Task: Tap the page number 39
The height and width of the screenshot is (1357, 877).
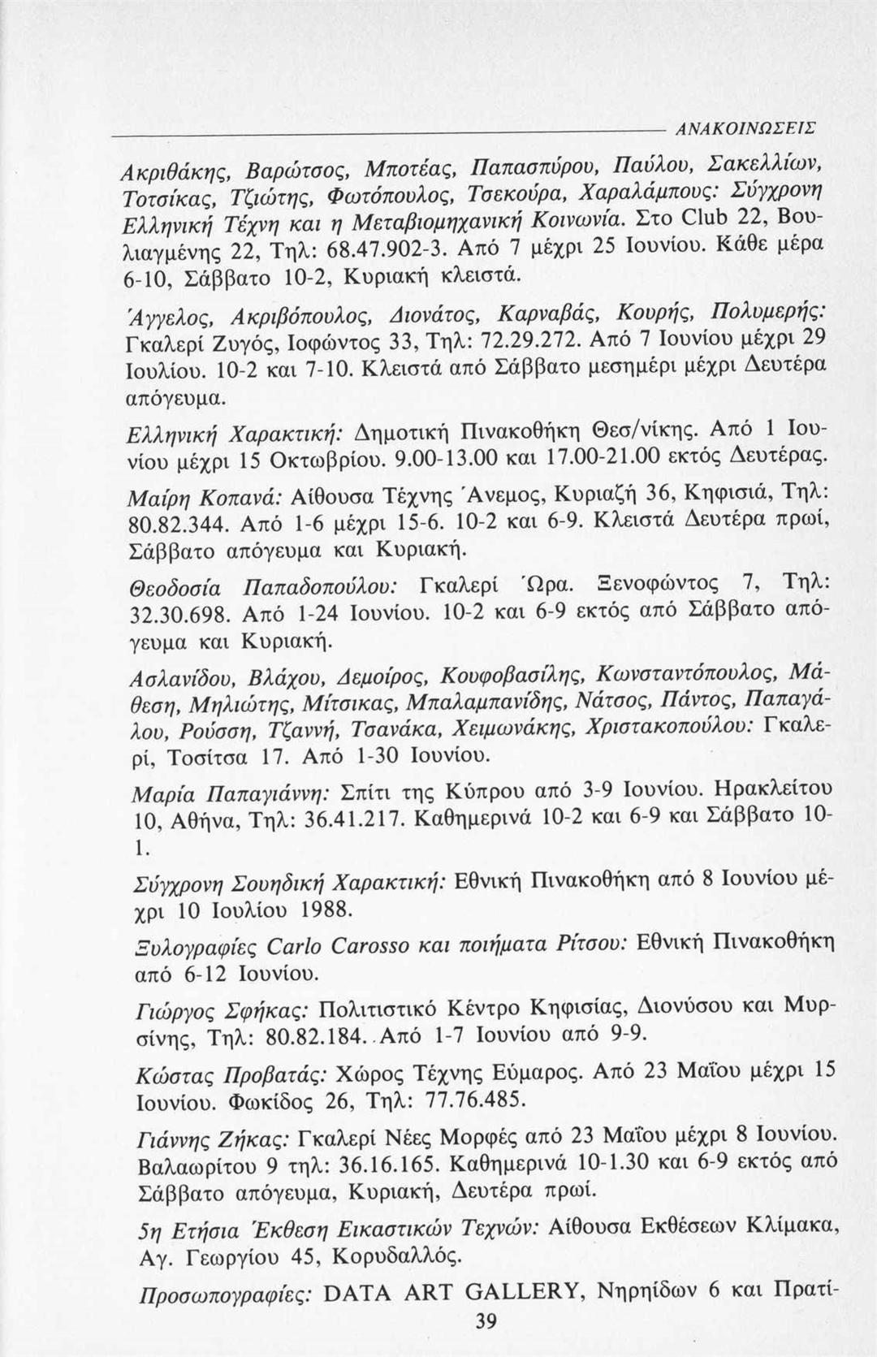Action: (485, 1322)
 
